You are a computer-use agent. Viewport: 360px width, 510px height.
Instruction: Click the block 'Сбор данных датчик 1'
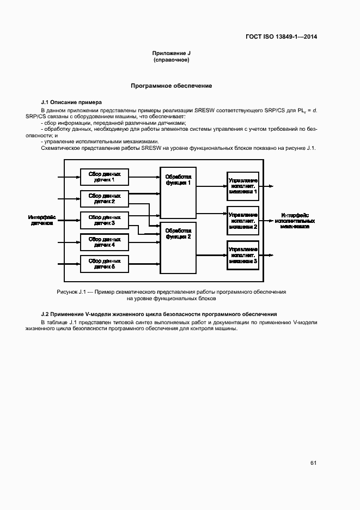pos(105,177)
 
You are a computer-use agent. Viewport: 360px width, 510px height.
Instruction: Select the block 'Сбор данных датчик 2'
pos(105,198)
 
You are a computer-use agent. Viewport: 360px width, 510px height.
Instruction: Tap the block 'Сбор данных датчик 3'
pos(105,220)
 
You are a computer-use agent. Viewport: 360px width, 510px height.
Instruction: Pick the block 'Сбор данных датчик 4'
pos(105,242)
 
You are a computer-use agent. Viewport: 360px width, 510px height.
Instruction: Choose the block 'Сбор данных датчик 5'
pos(105,264)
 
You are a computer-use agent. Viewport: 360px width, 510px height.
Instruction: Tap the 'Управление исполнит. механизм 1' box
pos(243,185)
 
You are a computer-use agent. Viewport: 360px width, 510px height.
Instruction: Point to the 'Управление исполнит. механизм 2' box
pos(243,220)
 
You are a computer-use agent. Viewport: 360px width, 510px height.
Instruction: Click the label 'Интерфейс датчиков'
pos(42,220)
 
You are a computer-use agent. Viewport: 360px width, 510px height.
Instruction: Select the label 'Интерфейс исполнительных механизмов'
pos(295,220)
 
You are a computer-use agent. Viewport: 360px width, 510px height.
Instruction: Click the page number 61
pos(313,463)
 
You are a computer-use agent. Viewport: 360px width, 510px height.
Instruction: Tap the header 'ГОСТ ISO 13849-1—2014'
pos(281,37)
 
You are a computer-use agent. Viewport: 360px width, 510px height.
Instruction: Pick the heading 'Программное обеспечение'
pos(172,86)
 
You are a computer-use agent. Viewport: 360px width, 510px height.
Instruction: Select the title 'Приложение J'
pos(172,53)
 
